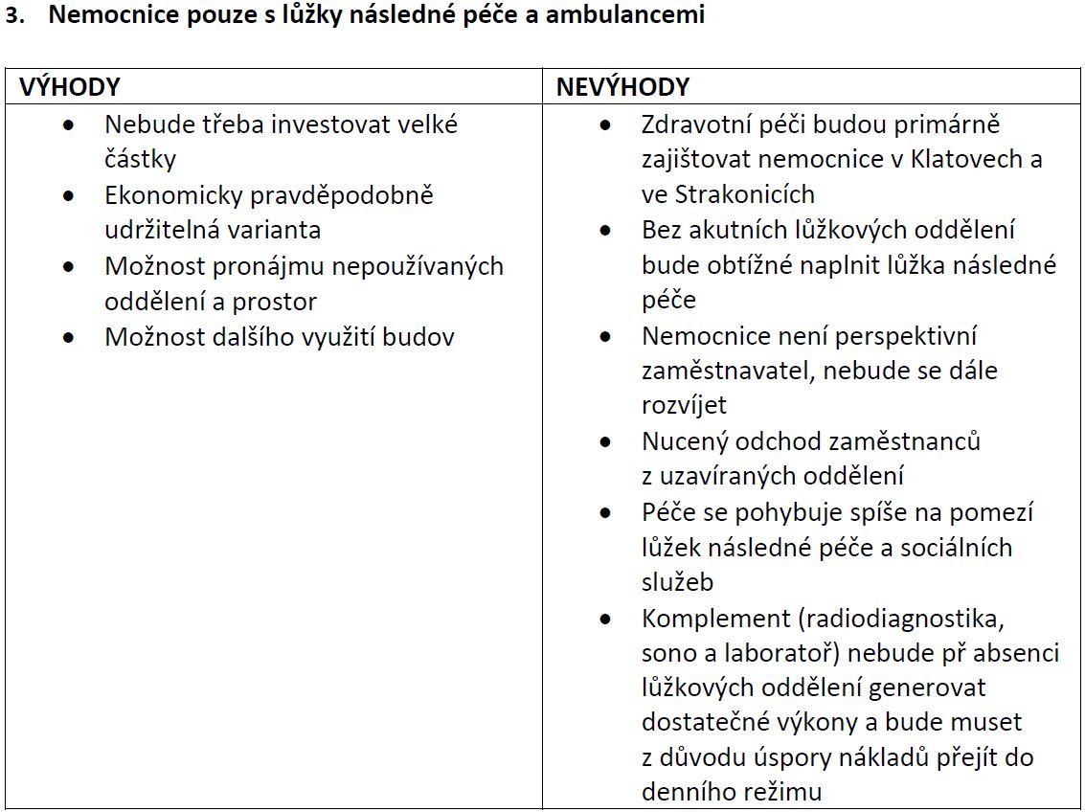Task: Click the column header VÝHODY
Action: tap(70, 87)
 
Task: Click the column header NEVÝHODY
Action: tap(622, 87)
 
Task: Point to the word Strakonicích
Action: tap(745, 194)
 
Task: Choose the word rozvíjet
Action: tap(684, 406)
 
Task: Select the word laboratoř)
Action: tap(780, 653)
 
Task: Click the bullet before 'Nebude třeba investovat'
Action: tap(68, 125)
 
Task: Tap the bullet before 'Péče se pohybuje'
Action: tap(605, 513)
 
